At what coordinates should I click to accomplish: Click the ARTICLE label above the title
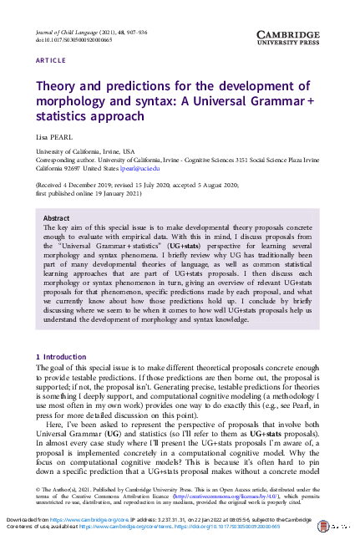[x=52, y=61]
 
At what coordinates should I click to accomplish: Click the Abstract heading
[x=56, y=217]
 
